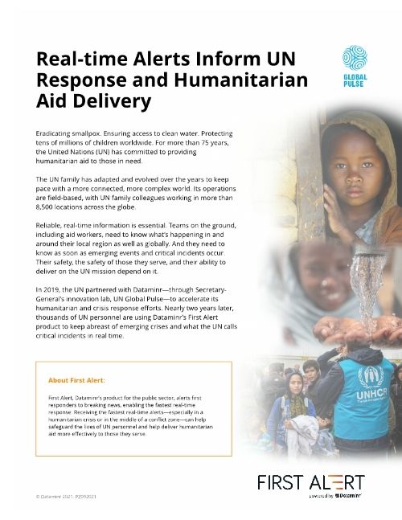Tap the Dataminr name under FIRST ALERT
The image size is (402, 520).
(350, 497)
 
